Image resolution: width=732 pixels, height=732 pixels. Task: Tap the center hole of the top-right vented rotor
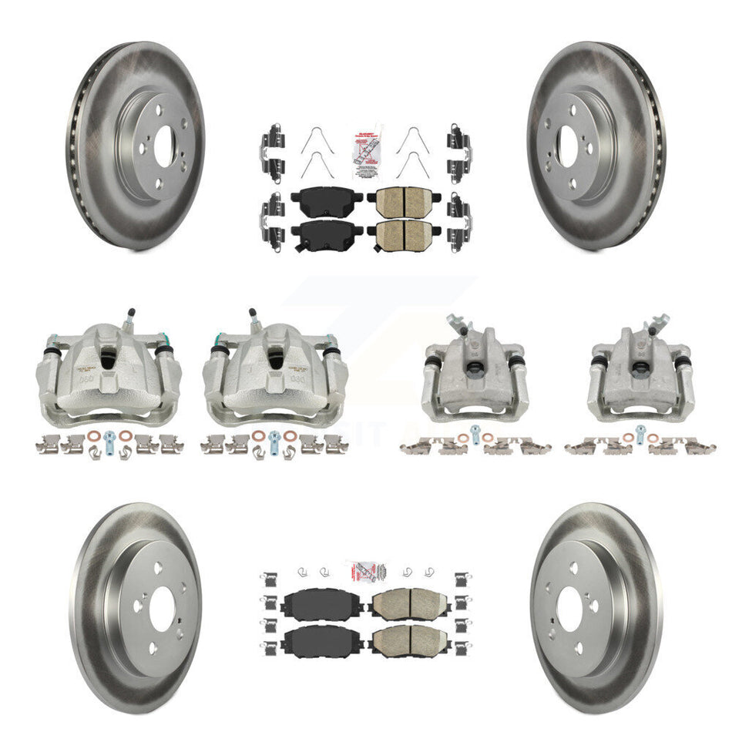click(x=571, y=144)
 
